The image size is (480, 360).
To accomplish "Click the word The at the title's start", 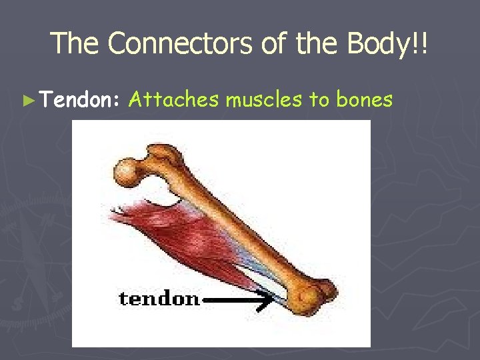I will (x=75, y=43).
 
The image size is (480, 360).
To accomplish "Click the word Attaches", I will (x=173, y=100).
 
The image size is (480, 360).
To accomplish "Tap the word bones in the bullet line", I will (x=365, y=100).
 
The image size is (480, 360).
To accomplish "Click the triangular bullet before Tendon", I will (x=27, y=101).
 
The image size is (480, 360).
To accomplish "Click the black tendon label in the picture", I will (x=159, y=297).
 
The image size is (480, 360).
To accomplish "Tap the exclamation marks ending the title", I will (x=421, y=43).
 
